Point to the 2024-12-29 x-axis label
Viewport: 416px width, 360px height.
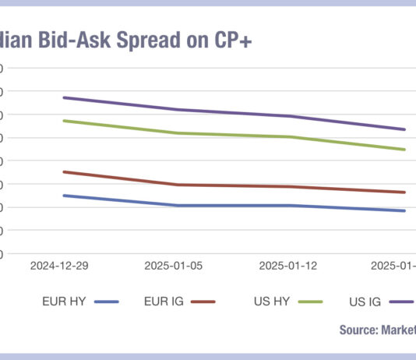click(60, 266)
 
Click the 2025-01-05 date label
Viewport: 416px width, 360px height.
click(174, 266)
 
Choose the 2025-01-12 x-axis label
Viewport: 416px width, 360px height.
click(288, 266)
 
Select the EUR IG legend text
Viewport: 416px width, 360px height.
click(164, 301)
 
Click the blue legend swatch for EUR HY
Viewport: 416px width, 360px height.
click(105, 302)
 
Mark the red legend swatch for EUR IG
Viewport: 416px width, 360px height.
click(202, 302)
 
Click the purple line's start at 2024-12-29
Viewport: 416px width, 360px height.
click(63, 97)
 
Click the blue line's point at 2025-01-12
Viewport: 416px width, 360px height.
click(291, 206)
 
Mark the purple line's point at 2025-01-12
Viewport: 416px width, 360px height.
click(291, 116)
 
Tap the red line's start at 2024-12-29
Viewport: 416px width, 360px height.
click(63, 171)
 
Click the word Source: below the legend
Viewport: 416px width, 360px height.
click(358, 330)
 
